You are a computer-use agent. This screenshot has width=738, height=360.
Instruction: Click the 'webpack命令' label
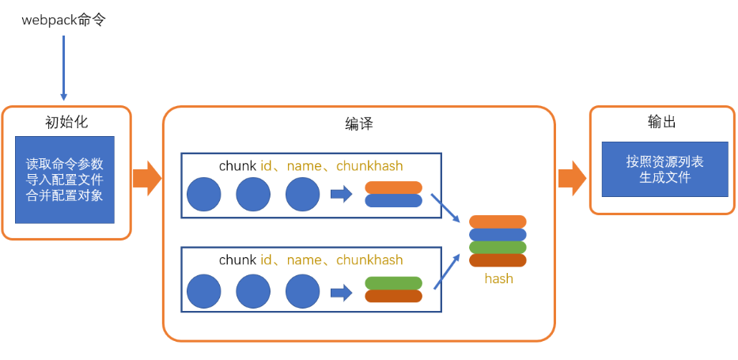click(x=64, y=21)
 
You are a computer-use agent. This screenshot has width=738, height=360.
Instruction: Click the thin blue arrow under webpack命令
click(x=63, y=68)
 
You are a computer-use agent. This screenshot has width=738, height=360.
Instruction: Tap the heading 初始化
click(x=66, y=123)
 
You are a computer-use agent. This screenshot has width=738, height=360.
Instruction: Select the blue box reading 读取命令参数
click(x=65, y=180)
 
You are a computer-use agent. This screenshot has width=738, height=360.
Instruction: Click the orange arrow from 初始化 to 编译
click(x=147, y=178)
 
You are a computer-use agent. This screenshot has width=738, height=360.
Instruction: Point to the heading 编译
click(x=358, y=123)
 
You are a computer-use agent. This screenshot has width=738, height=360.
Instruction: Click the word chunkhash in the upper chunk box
click(x=369, y=165)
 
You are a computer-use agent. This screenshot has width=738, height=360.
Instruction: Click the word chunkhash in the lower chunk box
click(x=369, y=260)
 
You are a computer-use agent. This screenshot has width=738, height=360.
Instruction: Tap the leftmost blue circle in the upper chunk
click(x=204, y=195)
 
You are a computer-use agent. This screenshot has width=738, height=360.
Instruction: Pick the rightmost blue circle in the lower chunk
click(x=303, y=291)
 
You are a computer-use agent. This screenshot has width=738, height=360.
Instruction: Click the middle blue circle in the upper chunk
click(x=253, y=195)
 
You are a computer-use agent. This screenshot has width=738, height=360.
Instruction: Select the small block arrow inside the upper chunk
click(x=342, y=194)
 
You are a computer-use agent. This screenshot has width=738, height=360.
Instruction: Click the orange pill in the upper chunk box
click(x=393, y=188)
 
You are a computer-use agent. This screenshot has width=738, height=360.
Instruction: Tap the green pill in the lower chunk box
click(x=393, y=282)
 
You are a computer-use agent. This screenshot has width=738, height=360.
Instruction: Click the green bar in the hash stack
click(x=498, y=248)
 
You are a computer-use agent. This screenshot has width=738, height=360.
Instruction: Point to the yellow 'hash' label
click(x=498, y=279)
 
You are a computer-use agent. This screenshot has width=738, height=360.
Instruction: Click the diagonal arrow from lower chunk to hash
click(x=446, y=271)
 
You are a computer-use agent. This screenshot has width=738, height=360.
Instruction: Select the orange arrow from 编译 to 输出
click(x=573, y=178)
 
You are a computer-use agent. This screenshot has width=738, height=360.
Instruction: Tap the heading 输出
click(x=662, y=123)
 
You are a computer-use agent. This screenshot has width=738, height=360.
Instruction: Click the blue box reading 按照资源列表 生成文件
click(x=665, y=169)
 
